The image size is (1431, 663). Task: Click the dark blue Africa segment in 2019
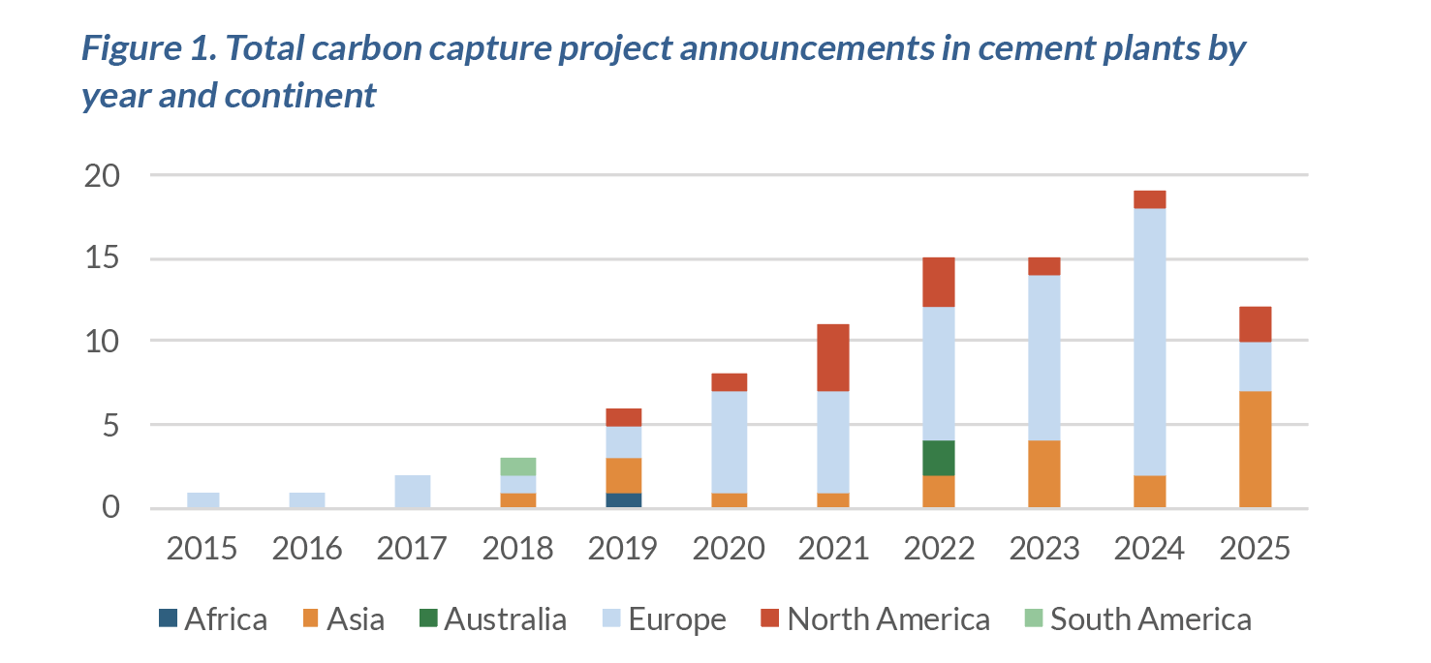[x=624, y=500]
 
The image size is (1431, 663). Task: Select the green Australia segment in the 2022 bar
[x=939, y=458]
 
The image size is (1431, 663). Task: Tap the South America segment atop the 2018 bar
[x=518, y=467]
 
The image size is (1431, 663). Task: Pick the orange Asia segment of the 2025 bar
[x=1256, y=449]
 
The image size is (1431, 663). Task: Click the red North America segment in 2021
[x=833, y=357]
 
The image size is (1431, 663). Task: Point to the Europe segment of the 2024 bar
[x=1150, y=342]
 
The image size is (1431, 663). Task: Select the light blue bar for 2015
[x=203, y=500]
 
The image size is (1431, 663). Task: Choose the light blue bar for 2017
[x=413, y=492]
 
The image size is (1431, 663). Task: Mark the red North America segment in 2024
[x=1150, y=199]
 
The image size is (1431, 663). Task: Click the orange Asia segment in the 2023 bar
[x=1044, y=474]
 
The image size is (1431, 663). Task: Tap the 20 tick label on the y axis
[x=102, y=175]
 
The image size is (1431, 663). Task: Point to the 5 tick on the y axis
[x=111, y=426]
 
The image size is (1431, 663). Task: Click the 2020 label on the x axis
[x=729, y=549]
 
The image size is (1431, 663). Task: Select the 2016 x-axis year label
[x=307, y=549]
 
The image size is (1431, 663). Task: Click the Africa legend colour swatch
[x=168, y=618]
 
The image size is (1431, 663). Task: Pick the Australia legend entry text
[x=506, y=619]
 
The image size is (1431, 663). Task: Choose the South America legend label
[x=1151, y=619]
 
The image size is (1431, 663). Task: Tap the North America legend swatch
[x=770, y=618]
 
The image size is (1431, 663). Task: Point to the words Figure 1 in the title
[x=149, y=48]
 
